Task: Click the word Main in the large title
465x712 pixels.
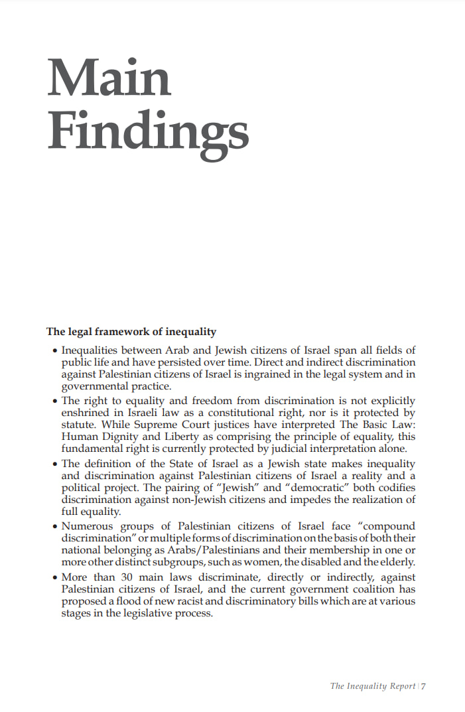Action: click(109, 78)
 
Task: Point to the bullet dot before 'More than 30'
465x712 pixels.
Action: click(54, 578)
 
